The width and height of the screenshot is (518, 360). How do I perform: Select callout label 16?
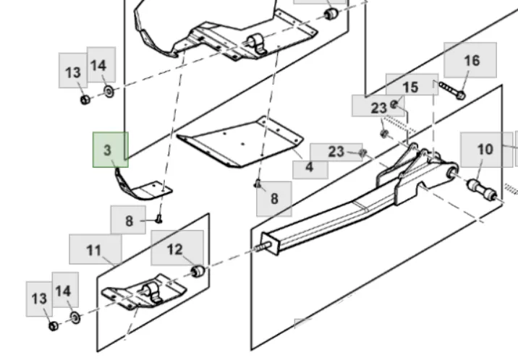pyautogui.click(x=470, y=60)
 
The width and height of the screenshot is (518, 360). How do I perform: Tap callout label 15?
pyautogui.click(x=411, y=86)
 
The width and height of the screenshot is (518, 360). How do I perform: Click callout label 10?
pyautogui.click(x=485, y=149)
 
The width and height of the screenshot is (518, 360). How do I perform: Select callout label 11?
pyautogui.click(x=95, y=249)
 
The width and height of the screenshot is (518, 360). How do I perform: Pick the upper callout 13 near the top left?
pyautogui.click(x=73, y=72)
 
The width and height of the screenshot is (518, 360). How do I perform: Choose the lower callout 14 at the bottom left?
pyautogui.click(x=63, y=290)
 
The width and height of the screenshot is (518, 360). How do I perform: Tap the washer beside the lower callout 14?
pyautogui.click(x=75, y=317)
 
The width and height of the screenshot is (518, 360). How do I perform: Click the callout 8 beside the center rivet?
pyautogui.click(x=274, y=197)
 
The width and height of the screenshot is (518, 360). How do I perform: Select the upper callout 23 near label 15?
pyautogui.click(x=379, y=107)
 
